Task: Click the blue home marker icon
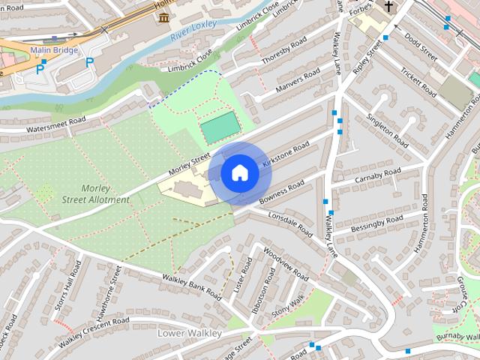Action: (239, 173)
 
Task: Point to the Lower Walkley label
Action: (190, 331)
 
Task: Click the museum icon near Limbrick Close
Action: (163, 16)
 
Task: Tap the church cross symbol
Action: (388, 7)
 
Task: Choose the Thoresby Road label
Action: (285, 52)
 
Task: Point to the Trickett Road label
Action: (417, 83)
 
